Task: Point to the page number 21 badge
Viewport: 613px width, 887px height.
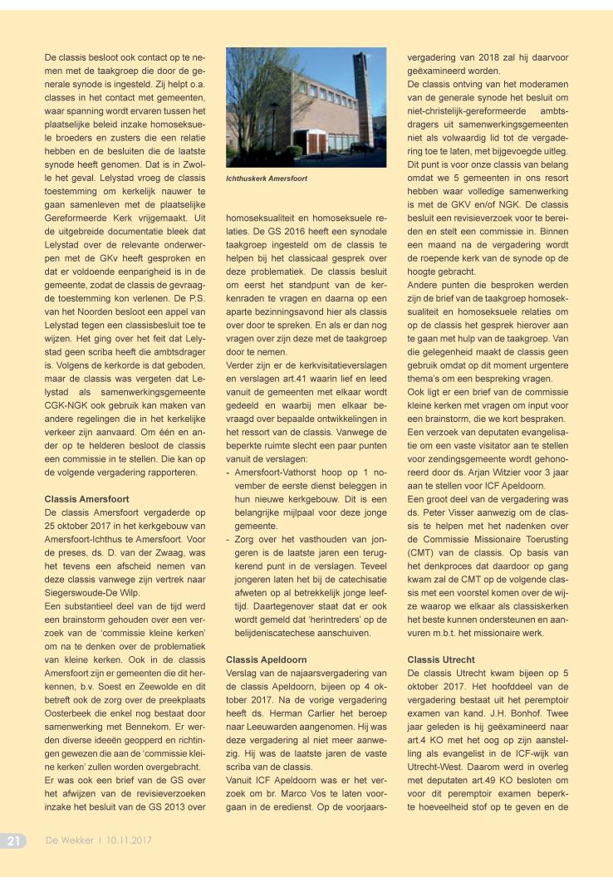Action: click(14, 840)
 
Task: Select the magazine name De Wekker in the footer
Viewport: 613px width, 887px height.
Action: click(69, 840)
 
